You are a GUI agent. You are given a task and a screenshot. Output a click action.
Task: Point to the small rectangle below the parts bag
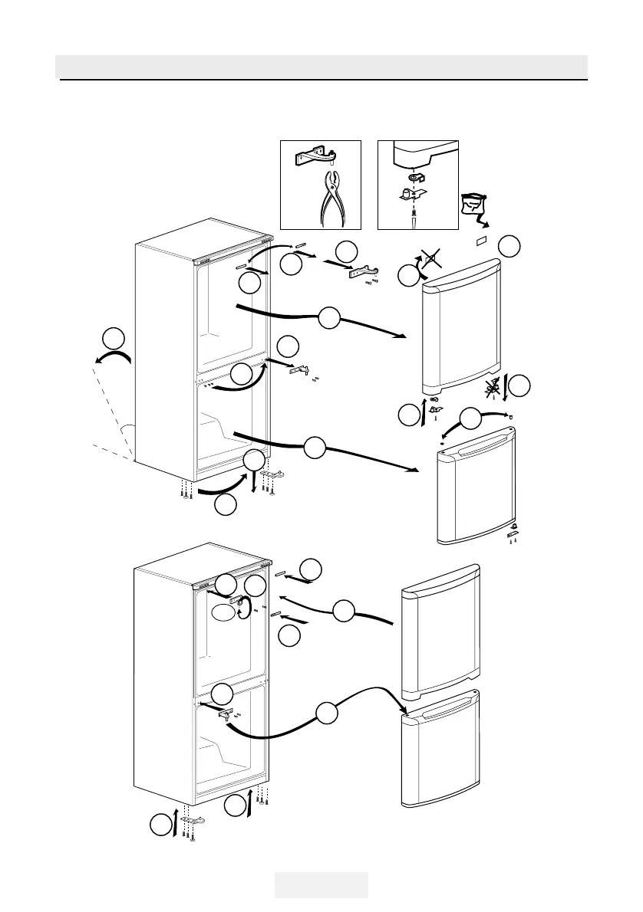(x=483, y=241)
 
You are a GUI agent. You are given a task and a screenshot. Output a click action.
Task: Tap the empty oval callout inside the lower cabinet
(x=223, y=611)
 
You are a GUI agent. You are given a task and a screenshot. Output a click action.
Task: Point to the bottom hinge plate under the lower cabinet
(x=272, y=476)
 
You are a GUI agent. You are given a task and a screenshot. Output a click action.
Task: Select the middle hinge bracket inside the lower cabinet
(x=227, y=713)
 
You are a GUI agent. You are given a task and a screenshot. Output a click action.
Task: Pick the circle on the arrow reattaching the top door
(x=345, y=611)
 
